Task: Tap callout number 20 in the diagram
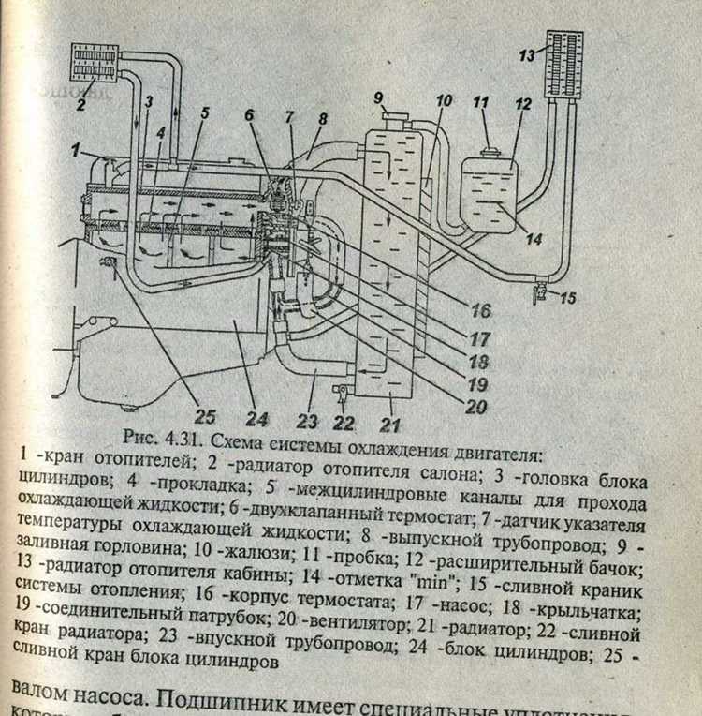[x=477, y=408]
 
